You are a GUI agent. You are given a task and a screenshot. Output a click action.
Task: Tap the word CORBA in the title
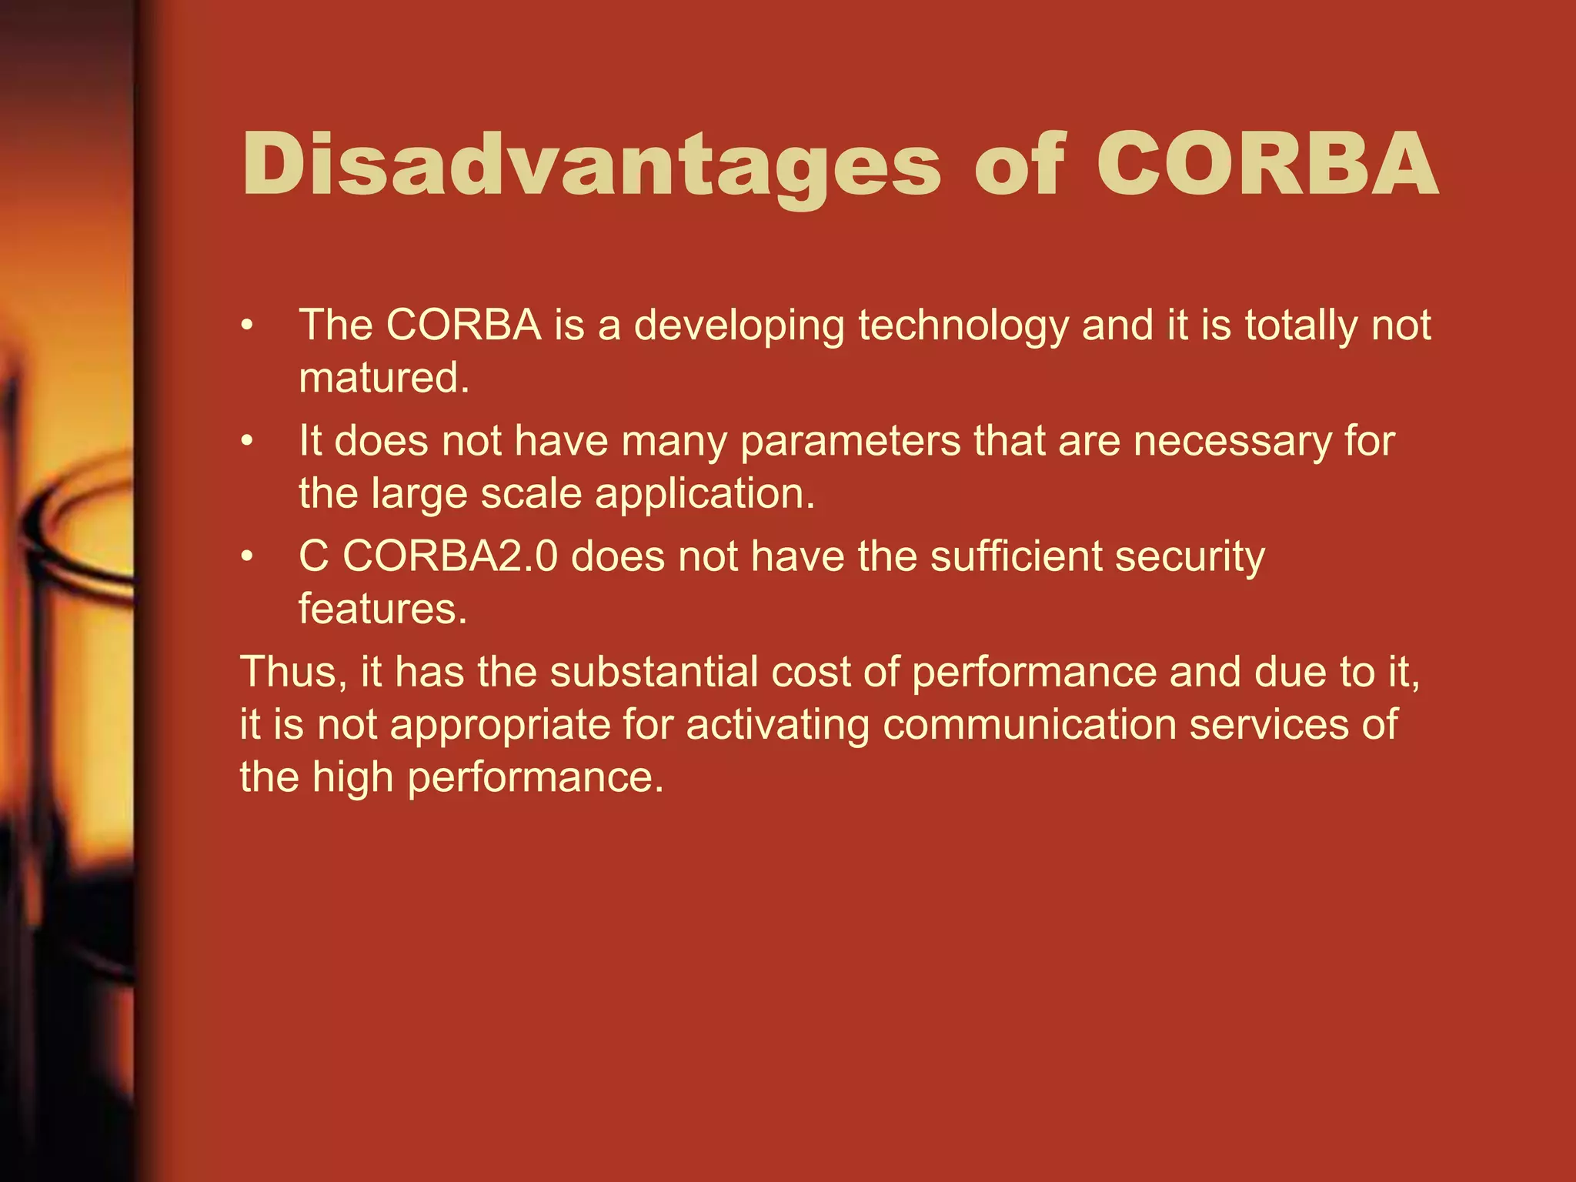(1266, 164)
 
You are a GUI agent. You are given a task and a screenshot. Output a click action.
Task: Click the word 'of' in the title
(1020, 164)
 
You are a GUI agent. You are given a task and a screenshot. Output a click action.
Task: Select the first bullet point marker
(246, 326)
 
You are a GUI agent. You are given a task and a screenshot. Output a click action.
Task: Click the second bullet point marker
(246, 442)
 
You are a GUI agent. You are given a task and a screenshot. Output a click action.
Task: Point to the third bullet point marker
(246, 557)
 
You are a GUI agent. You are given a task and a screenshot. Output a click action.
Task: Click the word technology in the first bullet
(963, 326)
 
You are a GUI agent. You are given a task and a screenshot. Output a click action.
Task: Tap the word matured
(383, 379)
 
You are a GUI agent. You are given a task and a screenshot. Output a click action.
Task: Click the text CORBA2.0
(450, 556)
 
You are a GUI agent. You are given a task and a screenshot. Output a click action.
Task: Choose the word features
(382, 609)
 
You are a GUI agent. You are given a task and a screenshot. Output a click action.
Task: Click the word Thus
(293, 672)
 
